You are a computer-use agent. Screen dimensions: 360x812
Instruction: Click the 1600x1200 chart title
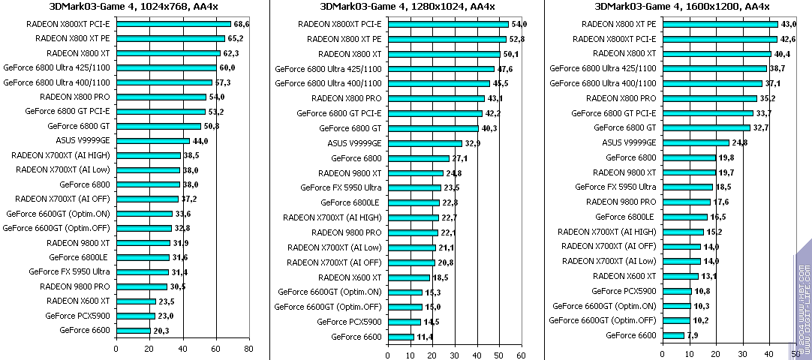pos(682,7)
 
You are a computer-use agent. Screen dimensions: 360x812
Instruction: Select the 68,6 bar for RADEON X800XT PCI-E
pos(173,24)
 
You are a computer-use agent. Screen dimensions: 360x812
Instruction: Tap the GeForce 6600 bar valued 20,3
pos(134,330)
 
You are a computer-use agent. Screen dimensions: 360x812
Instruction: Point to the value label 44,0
pos(200,141)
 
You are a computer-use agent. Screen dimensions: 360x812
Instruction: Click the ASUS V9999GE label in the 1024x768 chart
pos(83,140)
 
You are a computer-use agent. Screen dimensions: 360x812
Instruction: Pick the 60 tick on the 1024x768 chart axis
pos(216,349)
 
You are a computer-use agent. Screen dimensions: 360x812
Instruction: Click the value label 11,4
pos(425,337)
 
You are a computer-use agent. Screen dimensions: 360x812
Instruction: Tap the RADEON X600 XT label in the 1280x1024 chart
pos(350,277)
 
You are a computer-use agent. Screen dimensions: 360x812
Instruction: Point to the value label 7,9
pos(693,335)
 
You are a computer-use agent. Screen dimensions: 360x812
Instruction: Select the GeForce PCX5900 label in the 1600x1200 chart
pos(624,291)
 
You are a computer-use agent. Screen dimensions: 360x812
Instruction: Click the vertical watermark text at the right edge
pos(803,300)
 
